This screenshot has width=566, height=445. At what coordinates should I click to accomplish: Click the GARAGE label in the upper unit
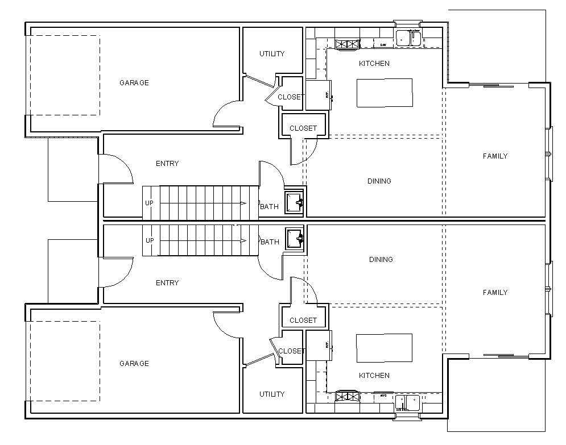pyautogui.click(x=134, y=83)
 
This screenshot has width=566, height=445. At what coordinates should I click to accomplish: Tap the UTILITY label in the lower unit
pyautogui.click(x=272, y=394)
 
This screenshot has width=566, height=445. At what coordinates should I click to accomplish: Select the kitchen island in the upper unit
pyautogui.click(x=385, y=93)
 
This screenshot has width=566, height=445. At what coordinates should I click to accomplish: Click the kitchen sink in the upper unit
pyautogui.click(x=408, y=38)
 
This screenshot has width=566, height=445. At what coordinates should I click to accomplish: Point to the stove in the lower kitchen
pyautogui.click(x=346, y=396)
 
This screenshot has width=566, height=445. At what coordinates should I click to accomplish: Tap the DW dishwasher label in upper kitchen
pyautogui.click(x=383, y=44)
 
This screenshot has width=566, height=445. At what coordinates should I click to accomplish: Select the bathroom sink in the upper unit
pyautogui.click(x=295, y=202)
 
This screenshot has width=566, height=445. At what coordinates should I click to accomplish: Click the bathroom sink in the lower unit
pyautogui.click(x=295, y=238)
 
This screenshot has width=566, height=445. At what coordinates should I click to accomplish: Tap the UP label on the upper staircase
pyautogui.click(x=149, y=203)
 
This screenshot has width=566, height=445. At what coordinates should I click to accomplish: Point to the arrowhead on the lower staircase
pyautogui.click(x=243, y=240)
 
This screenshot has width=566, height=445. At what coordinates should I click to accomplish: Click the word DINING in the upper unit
pyautogui.click(x=379, y=181)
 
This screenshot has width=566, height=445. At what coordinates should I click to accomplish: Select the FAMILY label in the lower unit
pyautogui.click(x=495, y=293)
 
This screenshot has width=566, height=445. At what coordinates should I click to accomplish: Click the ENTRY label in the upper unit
pyautogui.click(x=167, y=164)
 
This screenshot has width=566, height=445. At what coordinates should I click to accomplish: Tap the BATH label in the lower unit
pyautogui.click(x=270, y=242)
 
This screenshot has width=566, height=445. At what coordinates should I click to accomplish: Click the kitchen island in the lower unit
pyautogui.click(x=385, y=348)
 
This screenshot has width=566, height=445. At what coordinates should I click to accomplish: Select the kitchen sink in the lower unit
pyautogui.click(x=408, y=402)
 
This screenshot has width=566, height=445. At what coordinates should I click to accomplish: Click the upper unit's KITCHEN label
pyautogui.click(x=374, y=64)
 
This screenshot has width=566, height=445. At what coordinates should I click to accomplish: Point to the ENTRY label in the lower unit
pyautogui.click(x=167, y=283)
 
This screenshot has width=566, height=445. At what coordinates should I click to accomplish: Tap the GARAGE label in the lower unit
pyautogui.click(x=134, y=364)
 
